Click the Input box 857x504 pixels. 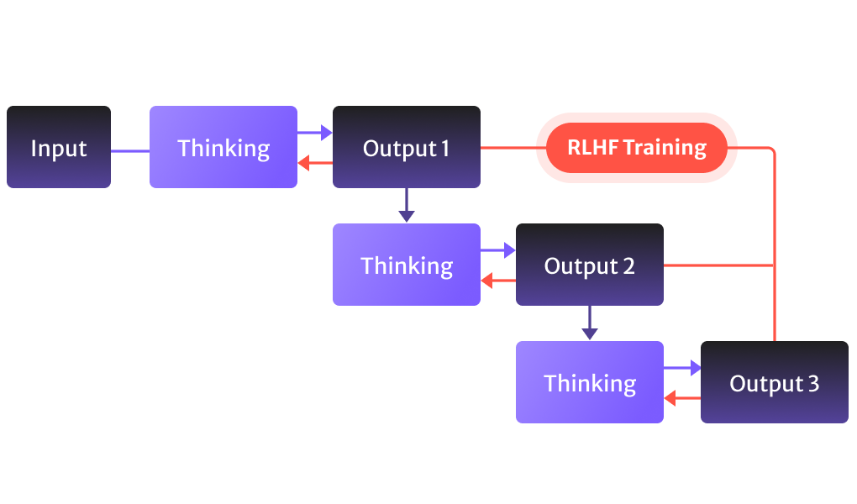click(59, 147)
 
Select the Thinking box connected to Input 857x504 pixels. click(223, 147)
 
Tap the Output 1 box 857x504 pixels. click(407, 147)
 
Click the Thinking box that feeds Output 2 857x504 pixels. click(407, 265)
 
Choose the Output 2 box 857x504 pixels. click(590, 265)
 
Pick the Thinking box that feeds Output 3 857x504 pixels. click(590, 382)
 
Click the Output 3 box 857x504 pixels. click(774, 382)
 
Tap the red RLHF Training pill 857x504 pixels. click(636, 148)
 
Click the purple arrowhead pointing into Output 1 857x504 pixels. click(327, 132)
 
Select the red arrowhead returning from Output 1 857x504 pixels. click(304, 163)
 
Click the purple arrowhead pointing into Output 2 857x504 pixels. click(509, 249)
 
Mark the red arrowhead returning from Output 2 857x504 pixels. click(486, 281)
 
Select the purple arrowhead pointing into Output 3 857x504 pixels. click(695, 367)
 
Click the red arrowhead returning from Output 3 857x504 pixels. click(670, 398)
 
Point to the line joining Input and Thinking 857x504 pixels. click(130, 151)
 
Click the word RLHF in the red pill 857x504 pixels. click(592, 148)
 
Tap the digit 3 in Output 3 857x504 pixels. click(812, 383)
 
